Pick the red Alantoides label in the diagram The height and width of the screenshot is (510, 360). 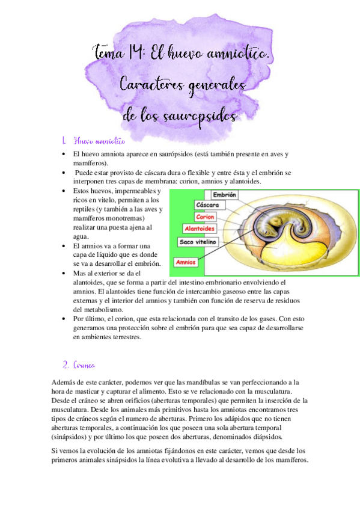[x=200, y=229]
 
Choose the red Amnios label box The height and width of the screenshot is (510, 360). [x=186, y=262]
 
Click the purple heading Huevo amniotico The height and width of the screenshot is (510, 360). [x=99, y=141]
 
